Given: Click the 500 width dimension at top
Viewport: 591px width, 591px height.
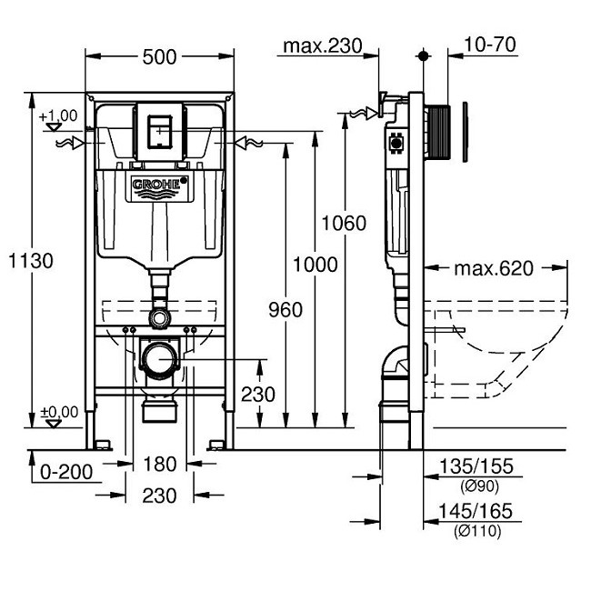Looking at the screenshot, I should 159,56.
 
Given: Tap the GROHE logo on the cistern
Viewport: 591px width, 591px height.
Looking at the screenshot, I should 159,187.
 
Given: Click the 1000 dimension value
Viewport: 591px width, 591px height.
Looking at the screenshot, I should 315,265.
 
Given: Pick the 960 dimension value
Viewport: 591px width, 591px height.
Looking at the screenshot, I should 285,310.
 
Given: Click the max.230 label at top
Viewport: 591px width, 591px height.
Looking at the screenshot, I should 322,45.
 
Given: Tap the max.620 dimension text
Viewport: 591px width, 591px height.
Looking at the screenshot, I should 494,268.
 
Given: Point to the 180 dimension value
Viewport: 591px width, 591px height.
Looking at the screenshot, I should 159,465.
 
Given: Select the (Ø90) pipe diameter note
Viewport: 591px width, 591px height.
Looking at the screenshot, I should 476,486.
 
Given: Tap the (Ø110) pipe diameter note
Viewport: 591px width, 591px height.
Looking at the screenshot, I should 476,532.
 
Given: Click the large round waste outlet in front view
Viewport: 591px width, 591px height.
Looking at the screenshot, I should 160,357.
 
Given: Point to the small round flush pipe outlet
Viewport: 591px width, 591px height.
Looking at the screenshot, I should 160,317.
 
